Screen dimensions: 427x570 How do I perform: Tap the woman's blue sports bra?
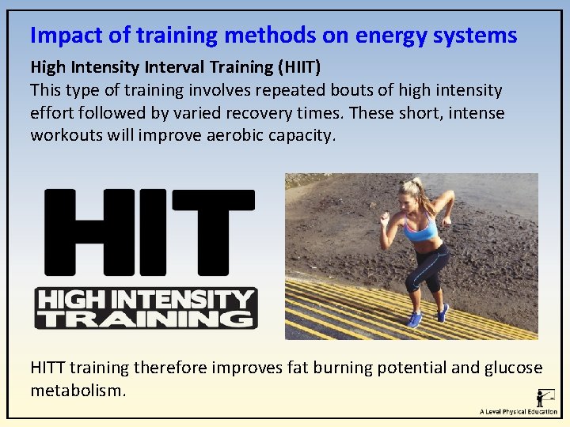(420, 230)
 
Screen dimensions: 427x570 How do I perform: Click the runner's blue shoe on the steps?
(414, 319)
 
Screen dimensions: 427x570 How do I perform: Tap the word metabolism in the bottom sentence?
(76, 391)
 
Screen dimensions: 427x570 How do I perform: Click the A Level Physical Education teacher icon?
(544, 398)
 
